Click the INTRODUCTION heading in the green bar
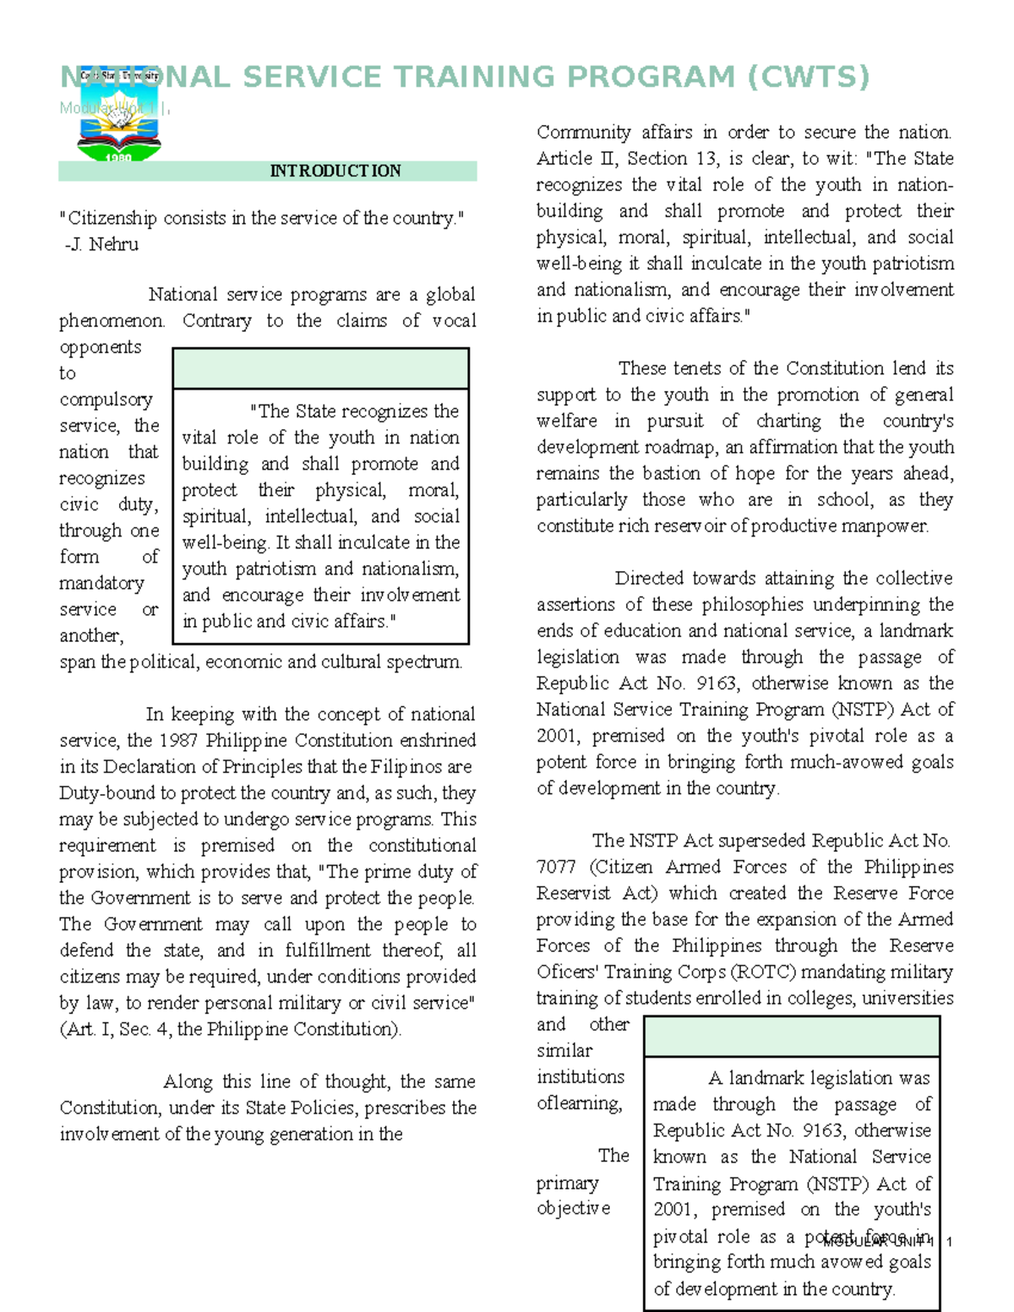[335, 171]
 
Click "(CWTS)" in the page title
[808, 77]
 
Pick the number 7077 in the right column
[556, 867]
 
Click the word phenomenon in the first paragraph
[111, 321]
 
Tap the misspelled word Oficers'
[567, 972]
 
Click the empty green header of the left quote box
[320, 368]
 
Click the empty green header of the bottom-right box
[791, 1037]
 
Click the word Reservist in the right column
[573, 893]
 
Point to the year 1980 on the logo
[118, 157]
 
